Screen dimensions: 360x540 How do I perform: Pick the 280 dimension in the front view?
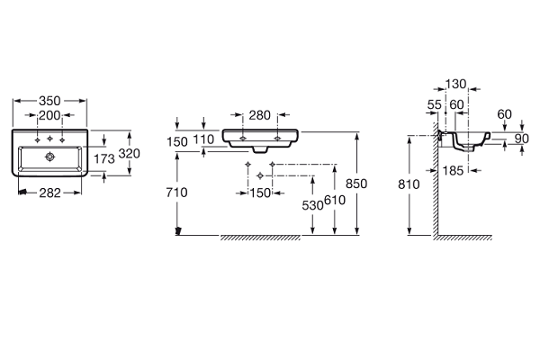(x=259, y=114)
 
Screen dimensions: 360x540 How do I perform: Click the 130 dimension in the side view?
(x=456, y=85)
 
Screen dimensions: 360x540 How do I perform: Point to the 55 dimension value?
(x=435, y=105)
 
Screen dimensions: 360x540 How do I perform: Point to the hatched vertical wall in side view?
(x=434, y=193)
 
